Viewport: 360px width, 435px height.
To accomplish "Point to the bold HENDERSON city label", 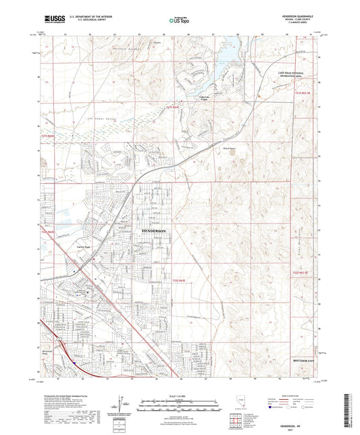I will pos(158,230).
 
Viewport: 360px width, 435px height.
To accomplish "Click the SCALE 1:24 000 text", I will pos(180,395).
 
